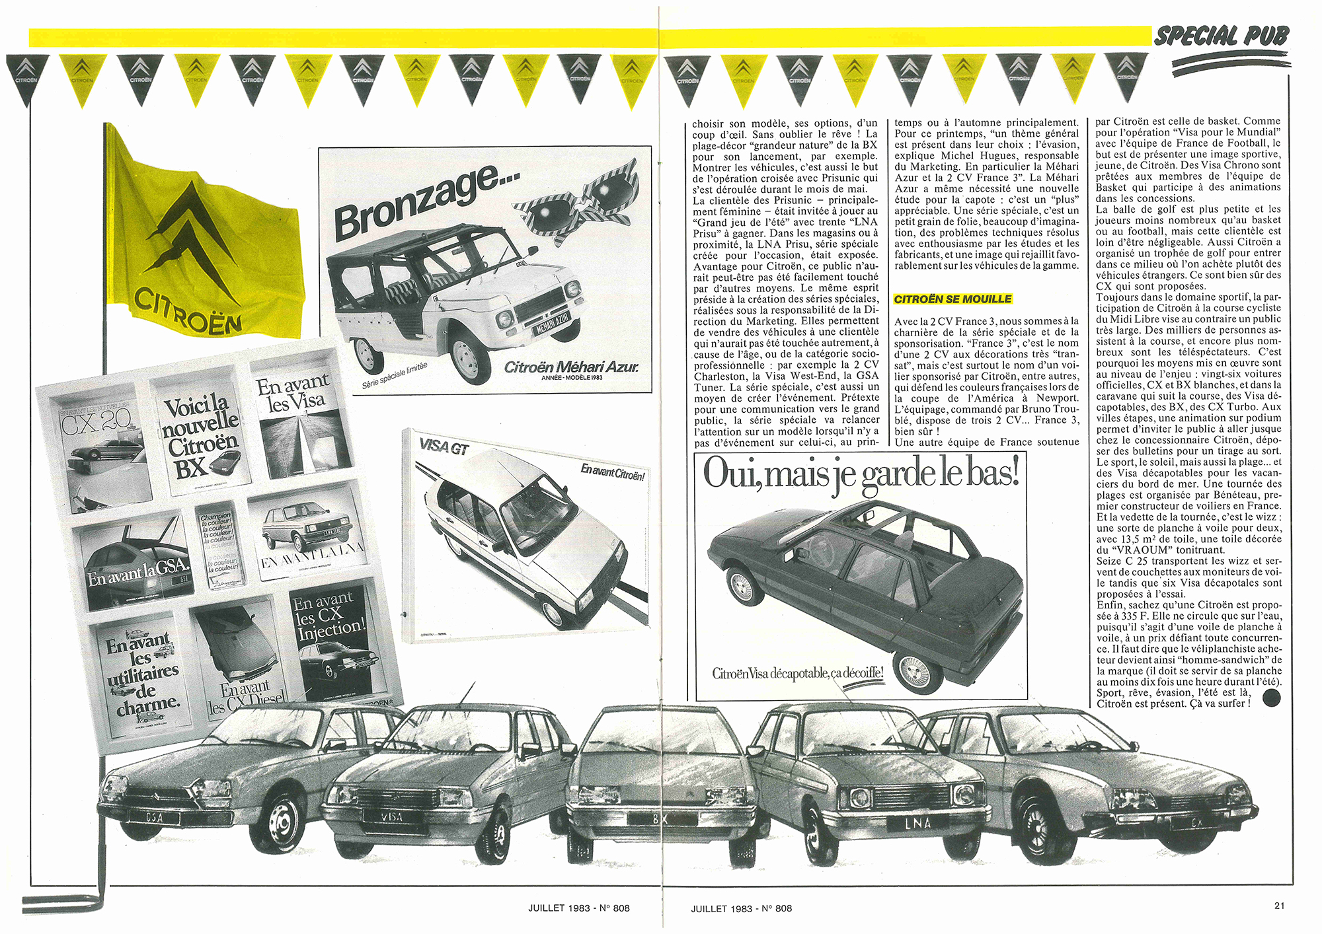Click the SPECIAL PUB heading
coord(1222,36)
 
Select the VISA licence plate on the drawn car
coord(393,816)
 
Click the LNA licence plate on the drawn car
coord(918,823)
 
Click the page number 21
coord(1279,906)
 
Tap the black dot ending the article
coord(1271,698)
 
